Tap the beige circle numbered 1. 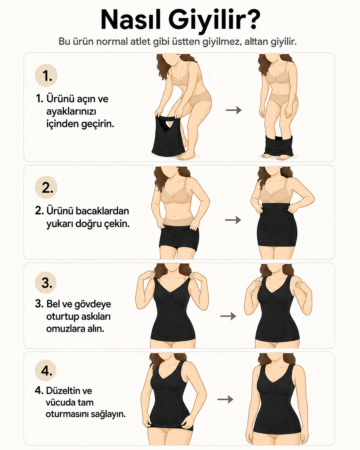[x=46, y=75]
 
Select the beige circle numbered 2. [x=46, y=187]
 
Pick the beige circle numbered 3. [x=46, y=283]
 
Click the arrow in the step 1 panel [x=233, y=110]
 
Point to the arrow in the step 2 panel [x=233, y=220]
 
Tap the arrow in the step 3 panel [x=228, y=316]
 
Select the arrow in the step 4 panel [x=225, y=399]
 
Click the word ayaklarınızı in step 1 [x=71, y=112]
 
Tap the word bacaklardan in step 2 [x=102, y=211]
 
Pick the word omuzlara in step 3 [x=64, y=329]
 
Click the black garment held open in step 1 [x=168, y=135]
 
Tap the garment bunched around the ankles [x=279, y=146]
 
